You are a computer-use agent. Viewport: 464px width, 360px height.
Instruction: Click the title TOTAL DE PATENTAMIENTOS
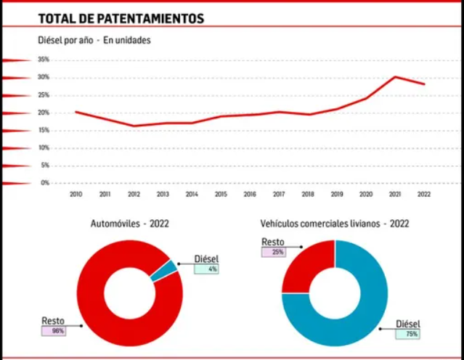point(121,18)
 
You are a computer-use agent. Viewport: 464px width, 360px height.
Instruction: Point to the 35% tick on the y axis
point(44,60)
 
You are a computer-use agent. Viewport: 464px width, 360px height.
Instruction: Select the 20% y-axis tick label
point(44,112)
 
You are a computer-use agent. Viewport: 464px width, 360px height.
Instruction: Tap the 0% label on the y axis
point(45,183)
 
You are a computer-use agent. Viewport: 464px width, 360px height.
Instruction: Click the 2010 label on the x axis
point(76,195)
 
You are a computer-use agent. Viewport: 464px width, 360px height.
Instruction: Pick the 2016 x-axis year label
point(250,195)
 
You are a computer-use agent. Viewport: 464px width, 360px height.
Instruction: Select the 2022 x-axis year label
point(424,195)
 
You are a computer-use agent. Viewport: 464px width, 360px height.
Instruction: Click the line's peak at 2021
point(395,76)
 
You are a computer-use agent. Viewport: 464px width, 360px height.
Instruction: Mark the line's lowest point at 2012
point(134,126)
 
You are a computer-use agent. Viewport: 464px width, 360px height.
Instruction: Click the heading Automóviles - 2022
point(129,224)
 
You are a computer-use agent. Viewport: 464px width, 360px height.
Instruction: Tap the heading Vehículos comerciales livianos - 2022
point(334,224)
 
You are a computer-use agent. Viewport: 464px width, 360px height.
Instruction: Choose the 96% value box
point(53,330)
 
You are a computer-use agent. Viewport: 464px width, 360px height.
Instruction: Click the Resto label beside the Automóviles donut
point(53,320)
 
